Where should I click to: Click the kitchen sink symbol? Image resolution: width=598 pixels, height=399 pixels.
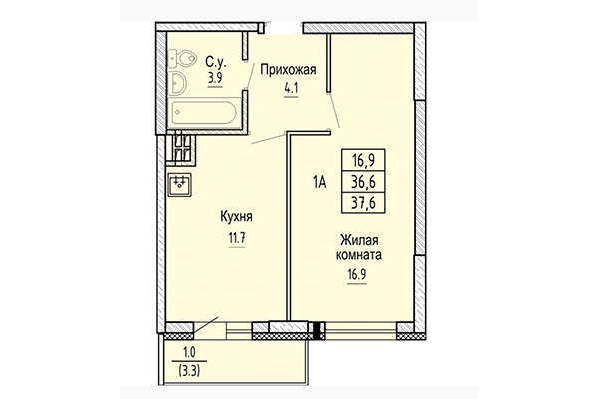point(179,184)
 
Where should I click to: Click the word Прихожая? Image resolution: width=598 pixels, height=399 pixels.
point(289,69)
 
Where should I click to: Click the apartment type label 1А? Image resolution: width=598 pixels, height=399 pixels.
point(320,182)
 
